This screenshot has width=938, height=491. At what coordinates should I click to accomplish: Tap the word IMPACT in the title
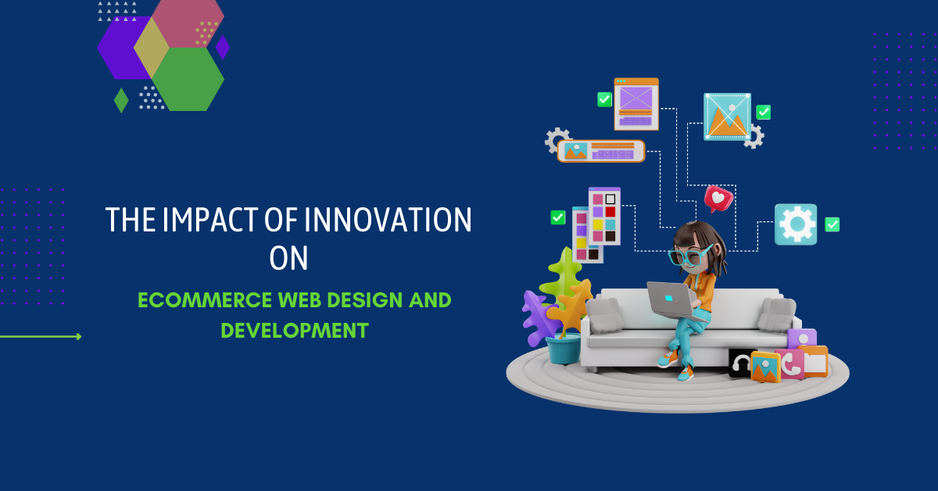[209, 219]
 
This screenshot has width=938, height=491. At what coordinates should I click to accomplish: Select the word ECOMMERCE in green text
[205, 300]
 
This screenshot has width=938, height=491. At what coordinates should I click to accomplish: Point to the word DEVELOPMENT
[295, 331]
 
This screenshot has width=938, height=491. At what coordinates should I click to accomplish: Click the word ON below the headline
[288, 258]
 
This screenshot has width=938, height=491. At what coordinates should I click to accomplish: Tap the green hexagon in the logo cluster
[188, 79]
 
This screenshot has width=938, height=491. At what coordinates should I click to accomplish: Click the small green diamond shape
[121, 100]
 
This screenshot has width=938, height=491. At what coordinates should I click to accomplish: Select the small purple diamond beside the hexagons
[222, 48]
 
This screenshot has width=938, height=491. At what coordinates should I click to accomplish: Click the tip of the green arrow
[81, 336]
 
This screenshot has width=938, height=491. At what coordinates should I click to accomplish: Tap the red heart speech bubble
[718, 199]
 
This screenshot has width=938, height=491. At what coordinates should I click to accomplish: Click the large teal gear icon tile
[796, 224]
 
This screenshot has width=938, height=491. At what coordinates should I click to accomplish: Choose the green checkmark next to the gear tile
[832, 224]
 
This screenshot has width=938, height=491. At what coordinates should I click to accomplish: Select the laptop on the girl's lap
[674, 301]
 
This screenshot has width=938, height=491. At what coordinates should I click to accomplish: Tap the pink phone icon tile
[789, 364]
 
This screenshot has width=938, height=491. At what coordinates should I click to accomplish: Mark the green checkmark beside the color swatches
[558, 217]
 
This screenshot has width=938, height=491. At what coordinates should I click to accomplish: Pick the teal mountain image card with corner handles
[728, 116]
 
